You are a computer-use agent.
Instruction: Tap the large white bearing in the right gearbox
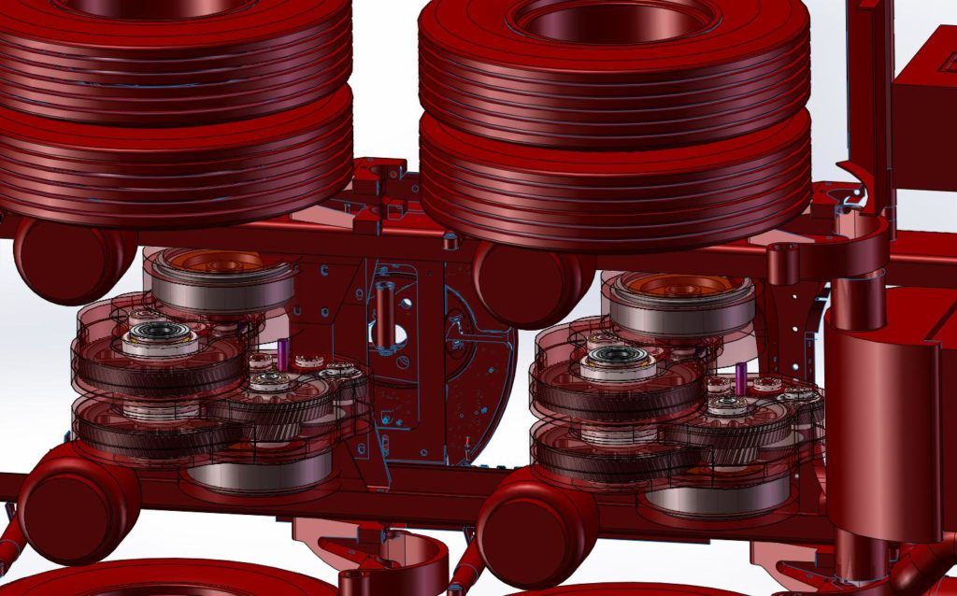tap(618, 362)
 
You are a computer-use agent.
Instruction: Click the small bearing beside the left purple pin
tap(272, 381)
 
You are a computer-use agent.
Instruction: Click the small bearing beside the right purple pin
tap(728, 405)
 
